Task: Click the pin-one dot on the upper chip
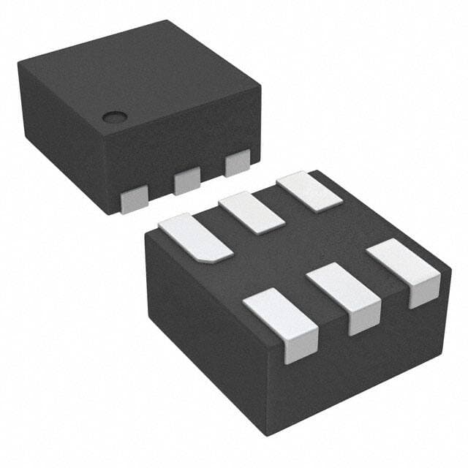(113, 116)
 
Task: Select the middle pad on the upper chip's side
(187, 179)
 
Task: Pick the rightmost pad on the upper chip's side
(238, 162)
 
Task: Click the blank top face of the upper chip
(132, 73)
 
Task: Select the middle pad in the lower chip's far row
(252, 212)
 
